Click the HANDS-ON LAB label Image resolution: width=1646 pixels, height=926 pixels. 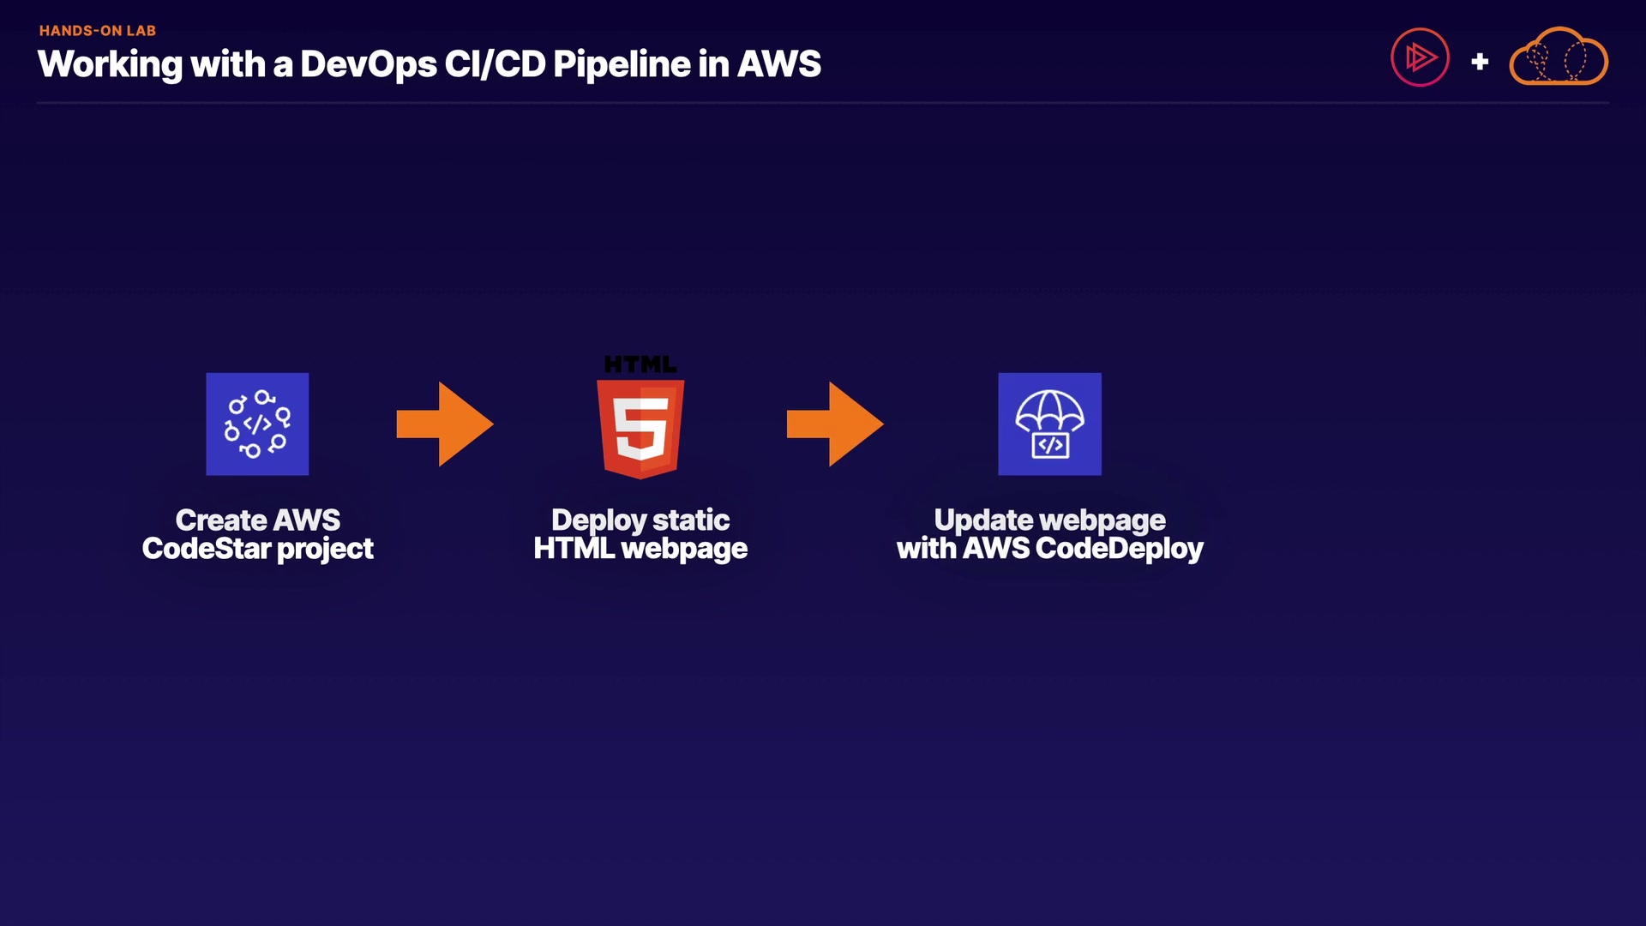[97, 31]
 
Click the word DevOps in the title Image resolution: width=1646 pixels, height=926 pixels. [368, 64]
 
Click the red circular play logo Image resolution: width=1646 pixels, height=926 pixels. [1420, 57]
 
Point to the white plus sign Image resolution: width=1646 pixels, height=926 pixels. [1480, 62]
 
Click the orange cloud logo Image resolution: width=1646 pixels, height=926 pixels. [1558, 57]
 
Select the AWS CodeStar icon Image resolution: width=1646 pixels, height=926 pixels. [257, 424]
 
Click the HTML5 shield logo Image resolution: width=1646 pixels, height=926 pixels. [640, 429]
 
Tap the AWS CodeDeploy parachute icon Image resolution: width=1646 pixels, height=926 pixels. [1049, 424]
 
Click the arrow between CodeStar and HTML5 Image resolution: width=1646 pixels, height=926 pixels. [445, 424]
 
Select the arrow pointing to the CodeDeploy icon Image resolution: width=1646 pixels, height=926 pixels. [835, 424]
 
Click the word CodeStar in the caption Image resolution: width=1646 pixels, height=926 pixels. [207, 549]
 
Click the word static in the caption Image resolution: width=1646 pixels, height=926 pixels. [691, 520]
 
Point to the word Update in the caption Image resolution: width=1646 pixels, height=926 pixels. [983, 520]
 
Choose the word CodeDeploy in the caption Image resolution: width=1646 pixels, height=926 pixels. [1120, 549]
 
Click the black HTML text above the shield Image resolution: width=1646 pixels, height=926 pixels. [640, 364]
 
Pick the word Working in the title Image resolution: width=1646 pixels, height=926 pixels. [110, 64]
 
